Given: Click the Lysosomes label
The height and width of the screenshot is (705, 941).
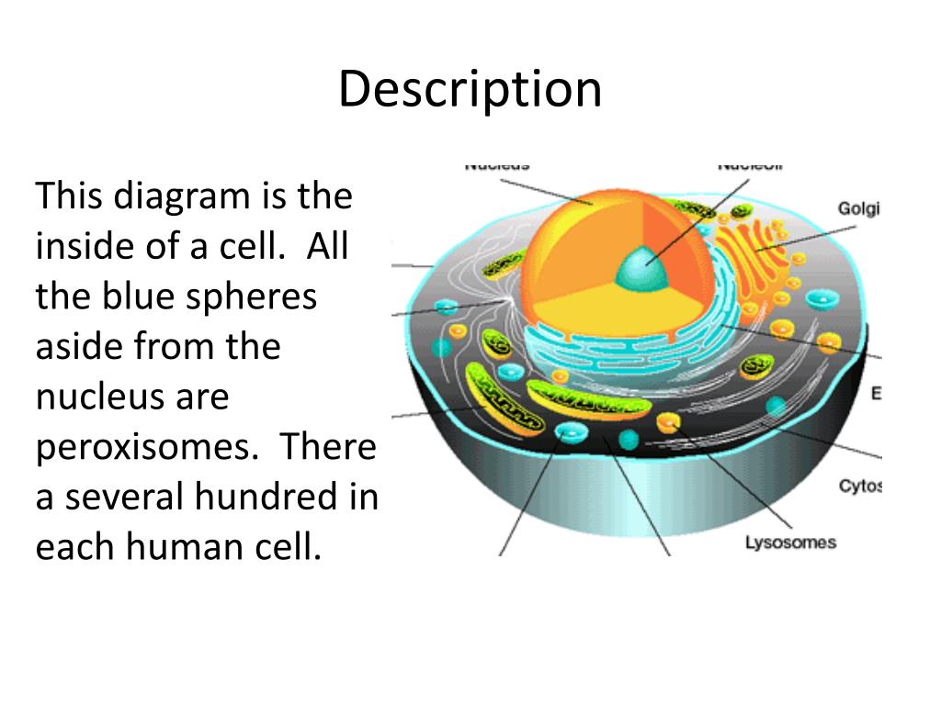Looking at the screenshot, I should click(790, 543).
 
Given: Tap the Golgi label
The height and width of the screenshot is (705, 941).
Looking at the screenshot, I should click(858, 209).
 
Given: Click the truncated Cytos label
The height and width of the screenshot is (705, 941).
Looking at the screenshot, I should click(860, 487).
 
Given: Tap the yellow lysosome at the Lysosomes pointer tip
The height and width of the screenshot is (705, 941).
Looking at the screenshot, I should click(668, 422).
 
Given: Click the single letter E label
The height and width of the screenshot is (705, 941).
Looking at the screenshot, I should click(876, 394).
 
